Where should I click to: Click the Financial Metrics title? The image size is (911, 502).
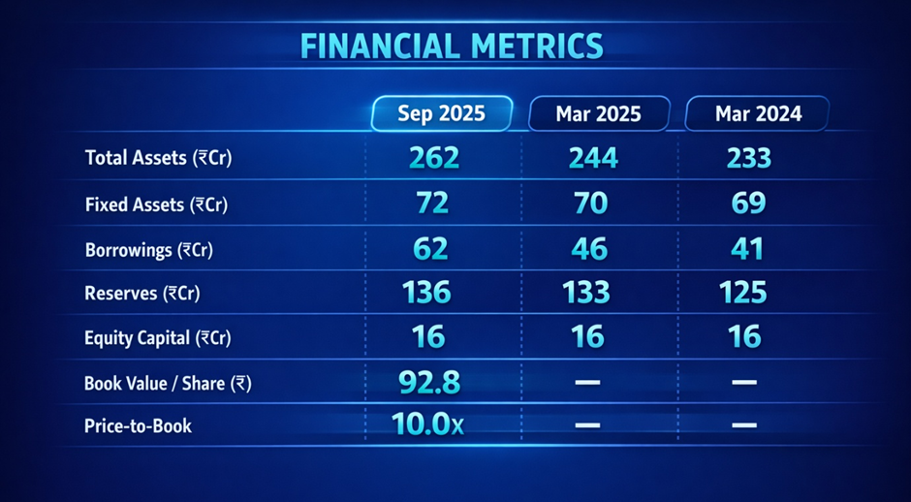[452, 46]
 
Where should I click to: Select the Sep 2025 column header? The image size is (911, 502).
[442, 113]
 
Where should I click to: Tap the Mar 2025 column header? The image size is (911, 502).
[598, 113]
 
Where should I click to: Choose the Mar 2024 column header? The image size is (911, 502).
[758, 113]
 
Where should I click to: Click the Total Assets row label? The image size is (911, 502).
[158, 157]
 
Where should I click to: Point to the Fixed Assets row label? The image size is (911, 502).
[156, 204]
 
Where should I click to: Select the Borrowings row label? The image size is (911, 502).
[148, 250]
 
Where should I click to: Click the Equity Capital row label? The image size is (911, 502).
[156, 338]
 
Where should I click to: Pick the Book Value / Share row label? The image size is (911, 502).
[168, 383]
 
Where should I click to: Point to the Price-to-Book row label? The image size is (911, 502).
[138, 425]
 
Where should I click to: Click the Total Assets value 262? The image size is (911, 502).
[434, 157]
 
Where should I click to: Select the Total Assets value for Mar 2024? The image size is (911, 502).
[748, 157]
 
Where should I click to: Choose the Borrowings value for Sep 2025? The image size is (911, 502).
[430, 249]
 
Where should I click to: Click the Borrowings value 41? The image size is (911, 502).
[747, 249]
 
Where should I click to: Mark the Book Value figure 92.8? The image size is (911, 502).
[429, 382]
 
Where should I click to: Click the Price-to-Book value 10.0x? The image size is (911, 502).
[428, 424]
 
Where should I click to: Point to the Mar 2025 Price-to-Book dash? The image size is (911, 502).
[587, 425]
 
